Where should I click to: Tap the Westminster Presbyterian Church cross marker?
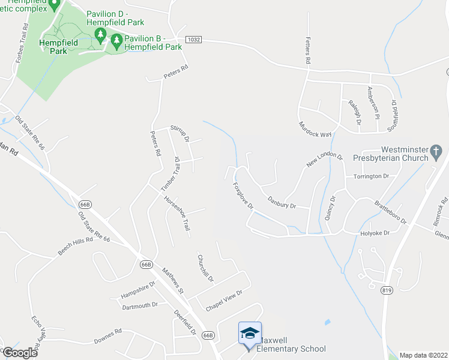pos(436,151)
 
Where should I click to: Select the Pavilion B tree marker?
pos(115,41)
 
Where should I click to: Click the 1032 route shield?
pos(193,40)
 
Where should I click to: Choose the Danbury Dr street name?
pos(282,202)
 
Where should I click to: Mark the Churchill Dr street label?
pos(205,268)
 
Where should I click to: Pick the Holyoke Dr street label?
pos(375,233)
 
